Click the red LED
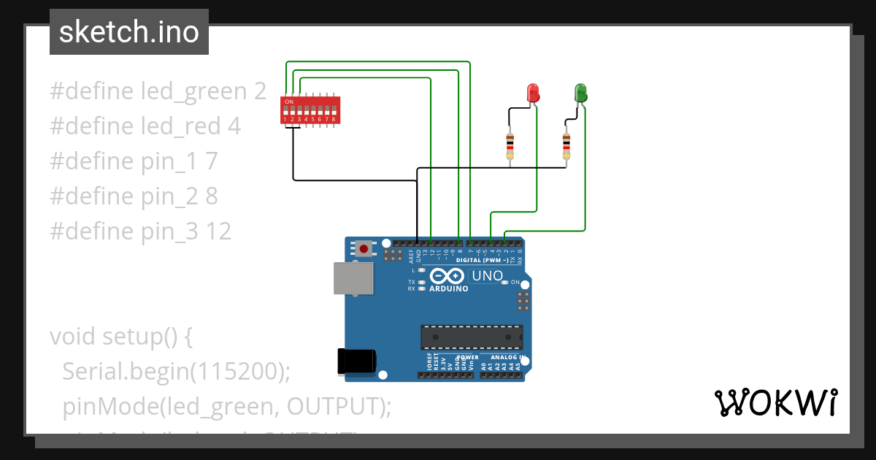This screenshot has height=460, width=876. click(x=533, y=93)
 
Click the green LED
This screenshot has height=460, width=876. click(x=580, y=93)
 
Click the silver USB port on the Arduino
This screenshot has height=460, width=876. click(x=353, y=278)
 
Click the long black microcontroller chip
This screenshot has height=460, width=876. click(x=471, y=337)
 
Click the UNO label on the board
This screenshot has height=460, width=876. click(x=487, y=276)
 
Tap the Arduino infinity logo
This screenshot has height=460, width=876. click(x=447, y=276)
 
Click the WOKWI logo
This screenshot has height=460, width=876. click(x=775, y=403)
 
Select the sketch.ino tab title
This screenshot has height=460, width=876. click(x=129, y=32)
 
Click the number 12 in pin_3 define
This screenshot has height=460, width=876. click(x=218, y=231)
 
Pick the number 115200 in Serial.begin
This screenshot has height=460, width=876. click(x=237, y=372)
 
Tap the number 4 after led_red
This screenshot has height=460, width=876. click(x=234, y=126)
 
